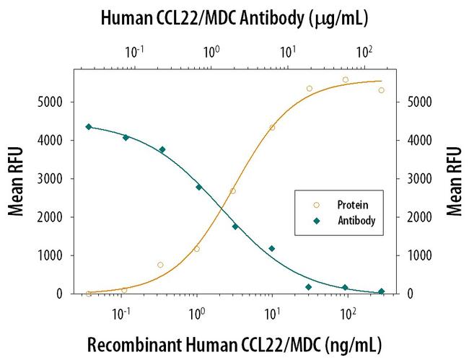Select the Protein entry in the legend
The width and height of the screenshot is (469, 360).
(x=349, y=204)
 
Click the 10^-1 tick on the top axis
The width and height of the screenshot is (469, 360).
(x=134, y=52)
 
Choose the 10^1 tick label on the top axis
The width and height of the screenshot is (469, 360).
(x=287, y=52)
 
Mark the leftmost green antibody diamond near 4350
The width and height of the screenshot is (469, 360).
(x=89, y=127)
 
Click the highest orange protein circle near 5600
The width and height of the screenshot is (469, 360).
(x=346, y=79)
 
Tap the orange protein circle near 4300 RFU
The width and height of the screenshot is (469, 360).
(x=272, y=128)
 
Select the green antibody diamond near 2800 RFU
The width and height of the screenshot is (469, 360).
(x=199, y=187)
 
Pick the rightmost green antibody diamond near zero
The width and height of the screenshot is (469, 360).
(x=382, y=291)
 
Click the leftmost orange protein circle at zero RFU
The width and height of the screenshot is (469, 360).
(x=89, y=294)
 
